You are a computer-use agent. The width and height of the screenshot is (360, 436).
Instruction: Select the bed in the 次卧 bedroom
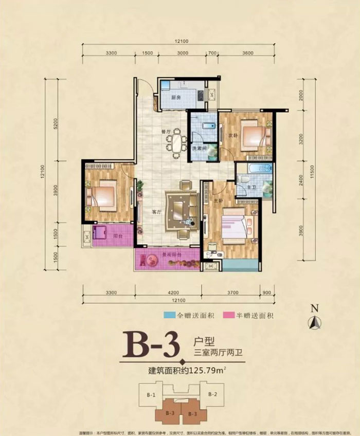255,137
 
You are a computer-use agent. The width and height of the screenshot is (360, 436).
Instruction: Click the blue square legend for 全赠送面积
166,315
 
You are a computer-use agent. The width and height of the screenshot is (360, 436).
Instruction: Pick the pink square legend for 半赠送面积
226,315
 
